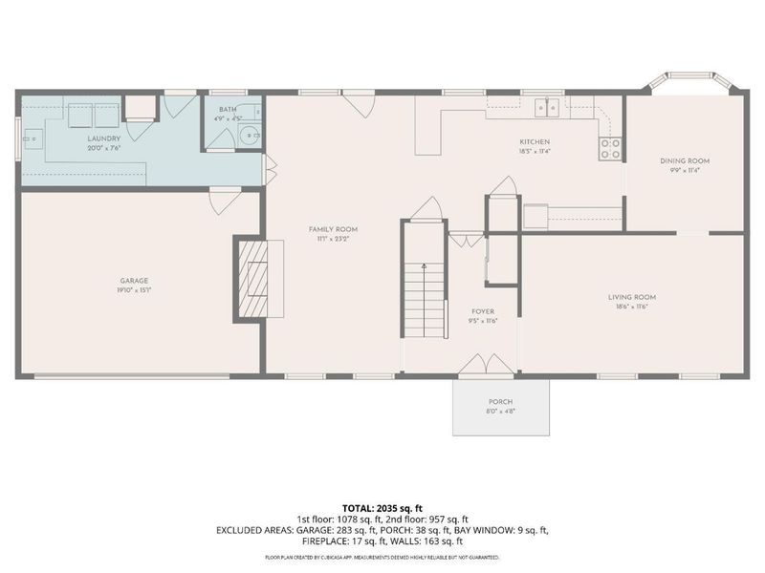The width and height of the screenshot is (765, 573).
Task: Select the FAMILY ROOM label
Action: [x=333, y=229]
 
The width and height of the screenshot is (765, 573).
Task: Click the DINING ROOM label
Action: [x=685, y=160]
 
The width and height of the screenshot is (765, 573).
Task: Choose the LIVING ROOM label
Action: [x=632, y=297]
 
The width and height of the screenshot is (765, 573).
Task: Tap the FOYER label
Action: [x=481, y=311]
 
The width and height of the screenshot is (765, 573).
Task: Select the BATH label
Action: [x=227, y=110]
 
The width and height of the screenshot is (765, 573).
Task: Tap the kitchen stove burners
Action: [x=609, y=148]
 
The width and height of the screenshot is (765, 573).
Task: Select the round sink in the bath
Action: [x=251, y=136]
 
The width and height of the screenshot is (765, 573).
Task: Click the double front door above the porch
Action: [x=486, y=367]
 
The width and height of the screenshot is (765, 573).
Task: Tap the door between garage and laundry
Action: [x=224, y=201]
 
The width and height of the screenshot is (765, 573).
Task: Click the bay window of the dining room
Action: [x=686, y=82]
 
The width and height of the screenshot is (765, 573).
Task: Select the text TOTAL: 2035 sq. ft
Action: [x=382, y=507]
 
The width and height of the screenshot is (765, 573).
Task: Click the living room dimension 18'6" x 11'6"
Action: [x=632, y=307]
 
